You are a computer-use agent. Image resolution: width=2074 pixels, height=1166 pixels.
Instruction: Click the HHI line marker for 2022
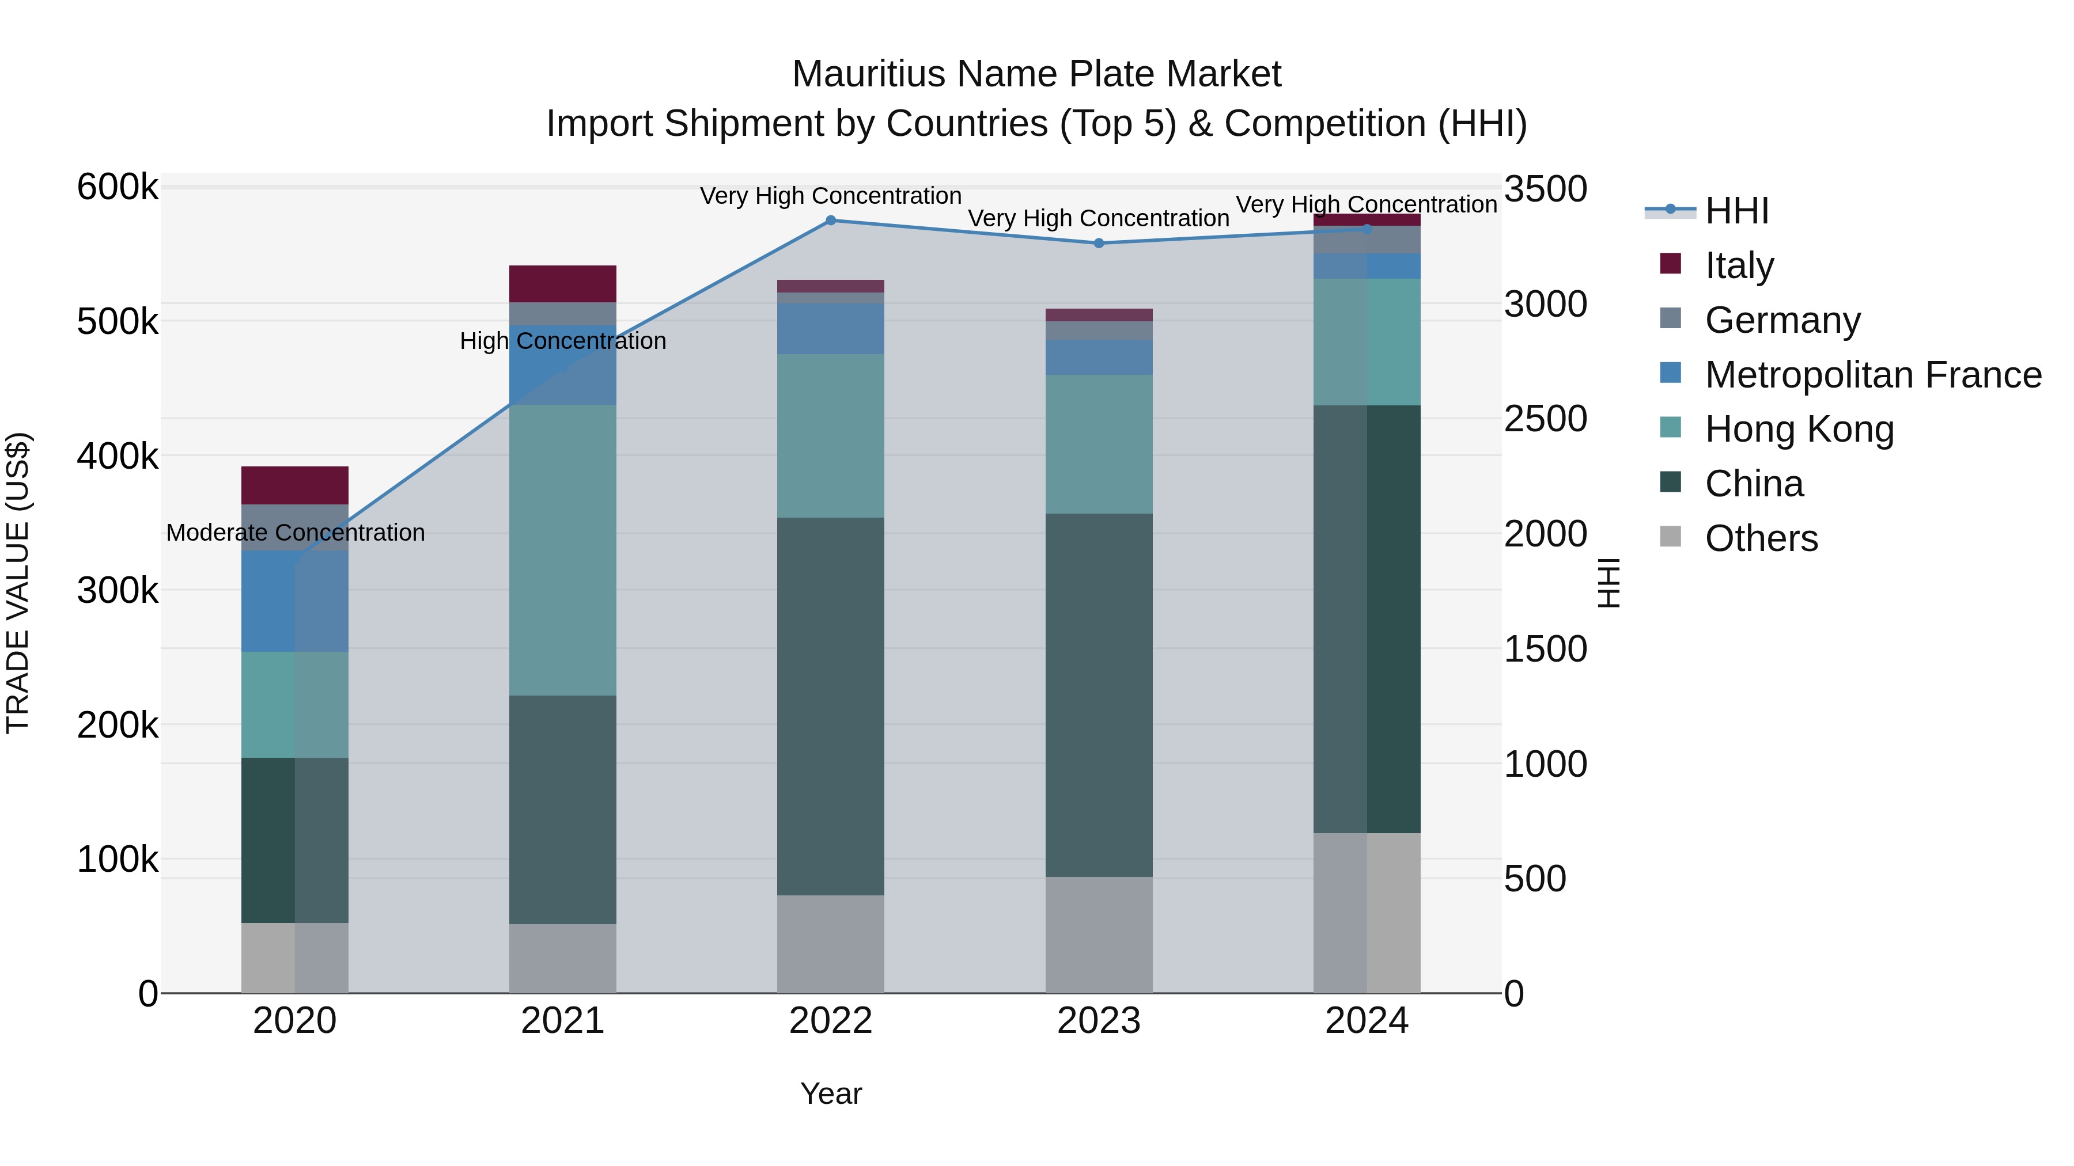coord(831,221)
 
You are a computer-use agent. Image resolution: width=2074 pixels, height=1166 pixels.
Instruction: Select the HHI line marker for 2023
coord(1099,243)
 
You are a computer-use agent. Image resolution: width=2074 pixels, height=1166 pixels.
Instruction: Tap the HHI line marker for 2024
coord(1367,229)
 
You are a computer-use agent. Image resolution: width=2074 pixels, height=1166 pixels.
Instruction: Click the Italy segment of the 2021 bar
coord(563,284)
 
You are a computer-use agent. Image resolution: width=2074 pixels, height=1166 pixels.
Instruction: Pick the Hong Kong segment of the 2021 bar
coord(563,550)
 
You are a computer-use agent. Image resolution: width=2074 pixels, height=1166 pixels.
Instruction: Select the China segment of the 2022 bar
coord(831,706)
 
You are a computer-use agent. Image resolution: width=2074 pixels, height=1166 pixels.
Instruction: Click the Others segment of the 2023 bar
coord(1099,935)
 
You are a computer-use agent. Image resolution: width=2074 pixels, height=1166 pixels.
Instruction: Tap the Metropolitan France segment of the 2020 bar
coord(294,601)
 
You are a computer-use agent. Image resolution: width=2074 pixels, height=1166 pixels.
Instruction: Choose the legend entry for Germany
coord(1782,320)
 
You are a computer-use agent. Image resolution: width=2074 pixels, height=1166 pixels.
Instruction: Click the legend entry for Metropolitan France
coord(1873,375)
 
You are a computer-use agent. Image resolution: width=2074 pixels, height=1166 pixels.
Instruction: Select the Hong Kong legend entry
coord(1799,429)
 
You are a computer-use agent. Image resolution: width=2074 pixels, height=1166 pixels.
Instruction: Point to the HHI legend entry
coord(1736,211)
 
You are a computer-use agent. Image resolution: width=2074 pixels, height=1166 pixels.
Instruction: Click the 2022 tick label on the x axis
coord(831,1021)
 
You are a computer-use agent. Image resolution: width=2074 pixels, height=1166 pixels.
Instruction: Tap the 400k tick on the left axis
coord(118,456)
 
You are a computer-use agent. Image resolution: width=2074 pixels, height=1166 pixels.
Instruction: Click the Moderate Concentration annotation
coord(296,533)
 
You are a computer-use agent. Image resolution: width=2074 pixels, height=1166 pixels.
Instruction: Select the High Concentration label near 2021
coord(563,341)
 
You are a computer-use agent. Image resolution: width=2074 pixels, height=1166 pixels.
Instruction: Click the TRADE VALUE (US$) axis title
coord(18,583)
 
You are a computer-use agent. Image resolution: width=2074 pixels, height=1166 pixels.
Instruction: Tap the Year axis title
coord(831,1093)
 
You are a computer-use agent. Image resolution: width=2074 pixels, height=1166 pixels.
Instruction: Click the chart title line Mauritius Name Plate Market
coord(1036,74)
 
